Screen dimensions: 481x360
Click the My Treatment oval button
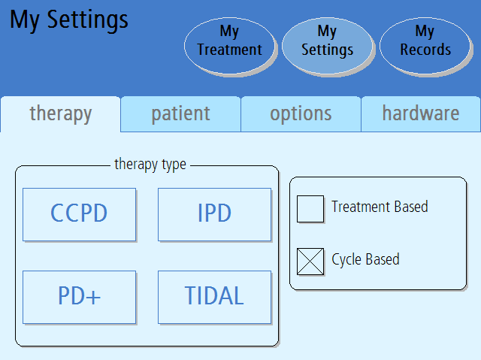(230, 46)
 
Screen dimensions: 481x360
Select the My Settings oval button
(328, 46)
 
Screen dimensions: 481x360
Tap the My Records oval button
(425, 46)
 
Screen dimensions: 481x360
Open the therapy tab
(60, 114)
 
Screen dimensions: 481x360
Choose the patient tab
(180, 114)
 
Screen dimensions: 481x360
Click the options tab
(301, 114)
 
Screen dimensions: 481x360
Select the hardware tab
(421, 114)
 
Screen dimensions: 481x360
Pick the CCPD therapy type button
(79, 214)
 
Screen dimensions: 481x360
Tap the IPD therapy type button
(214, 214)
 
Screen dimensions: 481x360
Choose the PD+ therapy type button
(79, 297)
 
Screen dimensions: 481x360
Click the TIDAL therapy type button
(214, 297)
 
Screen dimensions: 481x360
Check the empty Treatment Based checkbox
(310, 209)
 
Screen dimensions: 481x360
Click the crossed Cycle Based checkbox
(310, 262)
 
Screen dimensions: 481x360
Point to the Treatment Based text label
(380, 207)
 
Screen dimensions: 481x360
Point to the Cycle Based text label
(366, 260)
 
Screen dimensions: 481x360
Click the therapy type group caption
(150, 165)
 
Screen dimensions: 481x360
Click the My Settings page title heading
(69, 20)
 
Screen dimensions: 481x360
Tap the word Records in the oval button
(425, 50)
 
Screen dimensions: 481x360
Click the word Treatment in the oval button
(230, 50)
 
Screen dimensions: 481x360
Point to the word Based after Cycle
(383, 259)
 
